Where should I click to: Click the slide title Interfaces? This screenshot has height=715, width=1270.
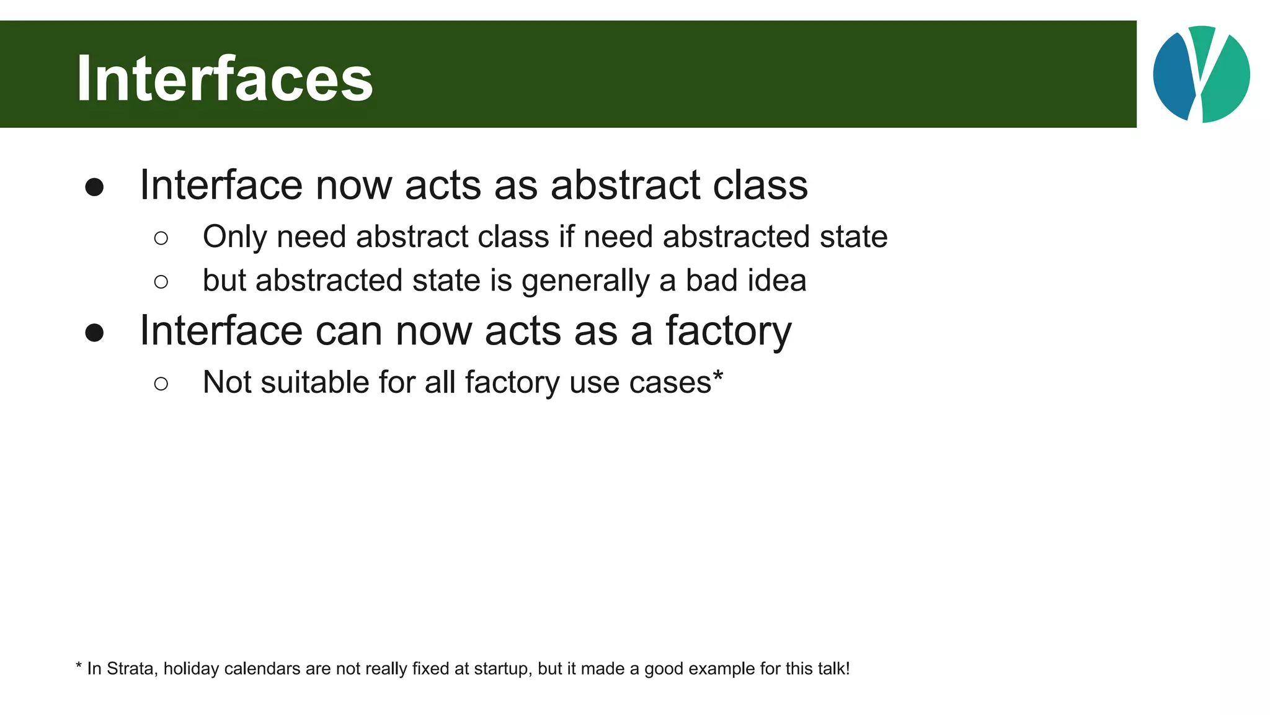point(224,78)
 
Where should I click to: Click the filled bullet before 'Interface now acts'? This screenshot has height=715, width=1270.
point(94,187)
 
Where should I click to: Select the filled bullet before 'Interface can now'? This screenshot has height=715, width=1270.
point(94,333)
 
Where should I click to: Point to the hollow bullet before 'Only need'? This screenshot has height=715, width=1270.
point(161,238)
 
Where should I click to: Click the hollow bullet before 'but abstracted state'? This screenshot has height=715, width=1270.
point(161,282)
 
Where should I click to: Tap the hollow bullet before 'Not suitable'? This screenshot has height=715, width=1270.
point(161,384)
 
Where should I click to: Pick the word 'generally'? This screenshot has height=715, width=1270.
point(585,281)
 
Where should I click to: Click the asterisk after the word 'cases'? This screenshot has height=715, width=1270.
point(718,375)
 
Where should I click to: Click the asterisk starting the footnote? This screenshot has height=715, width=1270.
point(79,667)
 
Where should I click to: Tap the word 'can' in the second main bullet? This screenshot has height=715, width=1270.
point(349,331)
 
